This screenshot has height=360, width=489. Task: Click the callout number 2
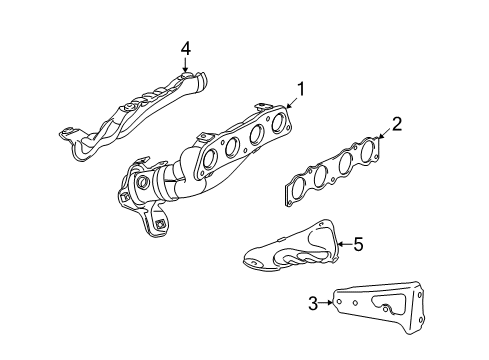396,124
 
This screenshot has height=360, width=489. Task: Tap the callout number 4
185,47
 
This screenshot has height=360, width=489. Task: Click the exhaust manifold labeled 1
210,160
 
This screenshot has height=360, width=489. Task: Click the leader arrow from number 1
290,104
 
